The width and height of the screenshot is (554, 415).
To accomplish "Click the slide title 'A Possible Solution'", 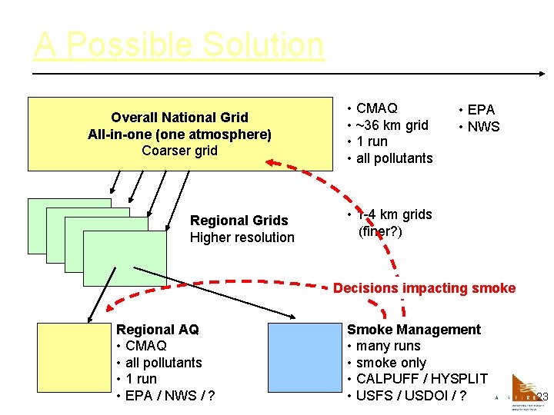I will pos(179,45).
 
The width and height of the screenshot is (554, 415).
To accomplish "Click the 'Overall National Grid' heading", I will pos(179,118).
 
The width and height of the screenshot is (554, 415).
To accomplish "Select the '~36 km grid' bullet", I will pos(392,125).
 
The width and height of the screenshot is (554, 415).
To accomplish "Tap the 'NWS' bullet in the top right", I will pos(484,127).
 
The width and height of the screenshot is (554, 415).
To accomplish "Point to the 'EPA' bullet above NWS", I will pos(481,110).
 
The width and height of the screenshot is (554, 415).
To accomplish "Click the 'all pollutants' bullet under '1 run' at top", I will pos(394,158).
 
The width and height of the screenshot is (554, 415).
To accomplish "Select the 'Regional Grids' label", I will pos(239,221).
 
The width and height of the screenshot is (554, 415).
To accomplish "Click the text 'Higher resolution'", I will pos(242,237).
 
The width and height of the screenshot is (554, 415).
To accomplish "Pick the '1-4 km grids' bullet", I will pos(395,214).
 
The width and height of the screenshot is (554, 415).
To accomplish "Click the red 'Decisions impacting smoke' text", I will pos(424,288).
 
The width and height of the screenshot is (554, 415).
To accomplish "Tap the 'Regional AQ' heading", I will pos(157,330).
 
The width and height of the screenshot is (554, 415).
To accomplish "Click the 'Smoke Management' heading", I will pos(414,330).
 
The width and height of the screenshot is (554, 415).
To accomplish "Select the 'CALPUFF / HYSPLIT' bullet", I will pos(422,379).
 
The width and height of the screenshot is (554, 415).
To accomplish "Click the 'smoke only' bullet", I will pos(391,363).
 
